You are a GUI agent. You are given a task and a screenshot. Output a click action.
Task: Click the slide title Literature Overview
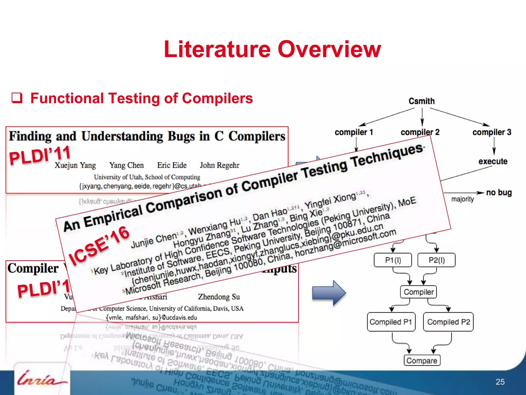(x=272, y=49)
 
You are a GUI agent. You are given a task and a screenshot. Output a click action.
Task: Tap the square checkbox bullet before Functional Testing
(x=17, y=98)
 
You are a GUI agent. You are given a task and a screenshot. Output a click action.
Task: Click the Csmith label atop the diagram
(x=421, y=101)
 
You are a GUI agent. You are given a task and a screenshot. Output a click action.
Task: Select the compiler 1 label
(x=354, y=132)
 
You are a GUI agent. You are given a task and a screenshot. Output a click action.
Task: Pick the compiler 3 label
(x=492, y=132)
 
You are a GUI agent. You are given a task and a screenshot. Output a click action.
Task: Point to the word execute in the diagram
(x=493, y=161)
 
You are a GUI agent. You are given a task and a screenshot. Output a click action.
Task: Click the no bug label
(x=499, y=192)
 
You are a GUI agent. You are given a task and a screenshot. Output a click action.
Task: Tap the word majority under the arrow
(x=462, y=199)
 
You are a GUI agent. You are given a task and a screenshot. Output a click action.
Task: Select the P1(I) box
(x=393, y=260)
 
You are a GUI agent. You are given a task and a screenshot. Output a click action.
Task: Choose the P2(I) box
(x=436, y=260)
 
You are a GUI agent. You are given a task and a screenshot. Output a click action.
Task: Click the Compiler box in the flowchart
(x=418, y=292)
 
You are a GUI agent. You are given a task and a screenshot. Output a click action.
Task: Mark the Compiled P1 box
(x=391, y=322)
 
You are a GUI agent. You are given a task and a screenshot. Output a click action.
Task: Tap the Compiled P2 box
(x=448, y=322)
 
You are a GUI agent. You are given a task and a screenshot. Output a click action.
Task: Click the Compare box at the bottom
(x=422, y=361)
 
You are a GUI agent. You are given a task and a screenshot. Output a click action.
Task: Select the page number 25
(x=500, y=382)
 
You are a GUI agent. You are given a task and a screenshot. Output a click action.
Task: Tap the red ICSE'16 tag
(x=99, y=245)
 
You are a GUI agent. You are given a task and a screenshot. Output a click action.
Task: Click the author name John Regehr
(x=220, y=165)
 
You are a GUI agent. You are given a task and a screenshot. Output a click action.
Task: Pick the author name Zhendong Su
(x=219, y=297)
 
